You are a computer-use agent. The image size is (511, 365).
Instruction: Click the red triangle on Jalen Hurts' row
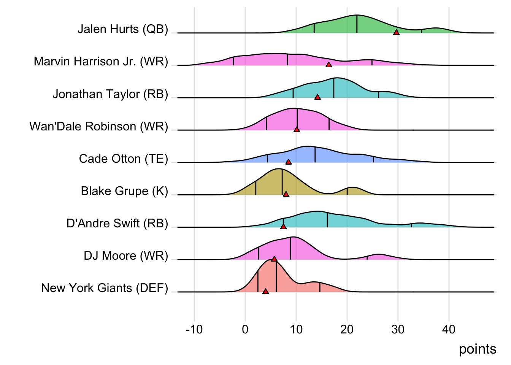pyautogui.click(x=396, y=33)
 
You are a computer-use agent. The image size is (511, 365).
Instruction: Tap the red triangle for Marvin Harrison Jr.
pyautogui.click(x=328, y=65)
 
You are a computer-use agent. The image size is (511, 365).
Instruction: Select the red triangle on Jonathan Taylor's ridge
pyautogui.click(x=317, y=97)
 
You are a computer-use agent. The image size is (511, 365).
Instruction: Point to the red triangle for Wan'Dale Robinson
pyautogui.click(x=297, y=130)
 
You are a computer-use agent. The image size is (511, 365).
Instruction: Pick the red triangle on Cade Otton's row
pyautogui.click(x=288, y=162)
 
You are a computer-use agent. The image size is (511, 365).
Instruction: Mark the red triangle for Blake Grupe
pyautogui.click(x=286, y=194)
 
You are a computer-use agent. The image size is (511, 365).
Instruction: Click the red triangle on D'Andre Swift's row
pyautogui.click(x=283, y=227)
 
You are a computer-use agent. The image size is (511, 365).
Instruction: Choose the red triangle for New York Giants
pyautogui.click(x=265, y=291)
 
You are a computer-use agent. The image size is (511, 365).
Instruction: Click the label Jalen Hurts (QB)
pyautogui.click(x=123, y=29)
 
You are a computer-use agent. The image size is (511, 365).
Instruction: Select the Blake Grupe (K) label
pyautogui.click(x=124, y=191)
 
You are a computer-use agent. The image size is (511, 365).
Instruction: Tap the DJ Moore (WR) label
pyautogui.click(x=126, y=255)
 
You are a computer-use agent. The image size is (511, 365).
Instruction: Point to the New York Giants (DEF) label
pyautogui.click(x=105, y=288)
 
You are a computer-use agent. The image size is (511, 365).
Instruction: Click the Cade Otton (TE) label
pyautogui.click(x=123, y=159)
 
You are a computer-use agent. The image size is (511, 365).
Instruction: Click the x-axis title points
pyautogui.click(x=478, y=349)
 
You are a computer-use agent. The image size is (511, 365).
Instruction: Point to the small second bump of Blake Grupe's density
pyautogui.click(x=352, y=190)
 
